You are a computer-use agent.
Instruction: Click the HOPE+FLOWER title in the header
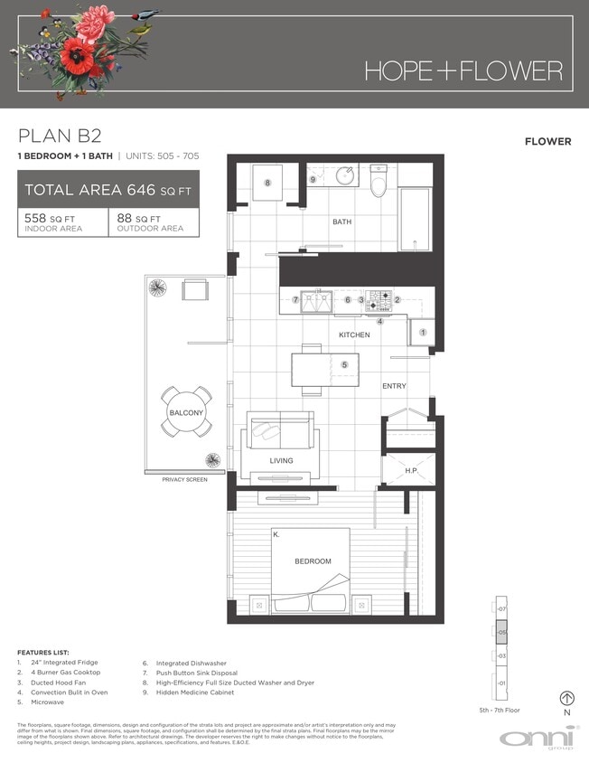pyautogui.click(x=463, y=71)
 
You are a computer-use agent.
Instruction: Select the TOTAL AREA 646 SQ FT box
pyautogui.click(x=108, y=190)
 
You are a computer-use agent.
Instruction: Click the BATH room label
pyautogui.click(x=341, y=221)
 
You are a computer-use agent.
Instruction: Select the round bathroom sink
pyautogui.click(x=345, y=175)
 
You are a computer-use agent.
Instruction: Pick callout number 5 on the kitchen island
pyautogui.click(x=344, y=364)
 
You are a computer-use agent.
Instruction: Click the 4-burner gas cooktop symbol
pyautogui.click(x=378, y=300)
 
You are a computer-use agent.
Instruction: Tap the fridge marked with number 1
pyautogui.click(x=422, y=333)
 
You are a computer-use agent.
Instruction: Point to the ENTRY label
pyautogui.click(x=394, y=386)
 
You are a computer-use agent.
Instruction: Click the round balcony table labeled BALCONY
pyautogui.click(x=187, y=412)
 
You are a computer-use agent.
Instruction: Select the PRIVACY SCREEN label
pyautogui.click(x=184, y=479)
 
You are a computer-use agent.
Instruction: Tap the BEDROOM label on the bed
pyautogui.click(x=313, y=561)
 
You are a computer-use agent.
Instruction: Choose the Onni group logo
pyautogui.click(x=538, y=738)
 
